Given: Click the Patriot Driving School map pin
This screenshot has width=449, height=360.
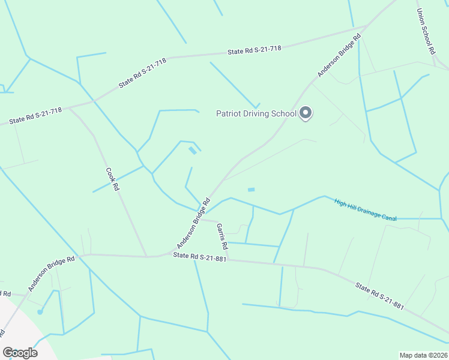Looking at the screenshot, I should (x=306, y=112).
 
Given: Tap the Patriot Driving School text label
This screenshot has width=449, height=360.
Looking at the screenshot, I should (x=256, y=113).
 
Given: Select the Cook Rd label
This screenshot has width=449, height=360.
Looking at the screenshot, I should (x=113, y=179).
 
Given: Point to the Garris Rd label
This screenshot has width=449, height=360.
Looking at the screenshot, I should (x=222, y=236).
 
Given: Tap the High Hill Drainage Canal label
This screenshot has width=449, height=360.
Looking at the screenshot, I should (x=366, y=210).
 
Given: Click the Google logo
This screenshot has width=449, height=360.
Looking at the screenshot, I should (x=20, y=353).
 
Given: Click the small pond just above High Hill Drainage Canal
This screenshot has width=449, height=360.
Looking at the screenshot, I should (x=251, y=190).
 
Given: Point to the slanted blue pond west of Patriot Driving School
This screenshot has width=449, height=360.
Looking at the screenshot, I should (x=192, y=151).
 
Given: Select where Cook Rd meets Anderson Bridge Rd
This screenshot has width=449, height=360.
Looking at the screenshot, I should (x=147, y=257).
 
